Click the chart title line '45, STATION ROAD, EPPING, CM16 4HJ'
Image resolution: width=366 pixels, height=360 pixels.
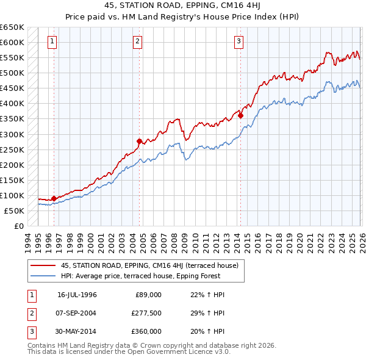[182, 7]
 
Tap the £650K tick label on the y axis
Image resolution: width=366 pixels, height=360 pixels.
[12, 27]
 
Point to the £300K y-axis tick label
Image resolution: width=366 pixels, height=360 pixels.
[12, 134]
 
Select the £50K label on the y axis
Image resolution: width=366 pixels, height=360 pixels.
[14, 211]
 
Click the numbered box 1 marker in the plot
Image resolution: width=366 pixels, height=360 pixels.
[52, 41]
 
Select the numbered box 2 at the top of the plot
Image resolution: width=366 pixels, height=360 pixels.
[138, 41]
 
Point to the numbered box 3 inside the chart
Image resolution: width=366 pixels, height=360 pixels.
[239, 41]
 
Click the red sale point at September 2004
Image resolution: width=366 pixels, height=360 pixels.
[139, 141]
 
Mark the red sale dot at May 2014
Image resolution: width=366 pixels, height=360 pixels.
[240, 116]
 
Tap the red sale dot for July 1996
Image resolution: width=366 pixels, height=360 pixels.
[54, 198]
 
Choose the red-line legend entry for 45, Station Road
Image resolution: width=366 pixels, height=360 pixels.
[152, 265]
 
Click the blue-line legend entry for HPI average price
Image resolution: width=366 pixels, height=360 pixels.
[152, 275]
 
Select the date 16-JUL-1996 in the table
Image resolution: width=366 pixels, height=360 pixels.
[77, 295]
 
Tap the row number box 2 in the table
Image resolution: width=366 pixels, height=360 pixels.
[30, 313]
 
